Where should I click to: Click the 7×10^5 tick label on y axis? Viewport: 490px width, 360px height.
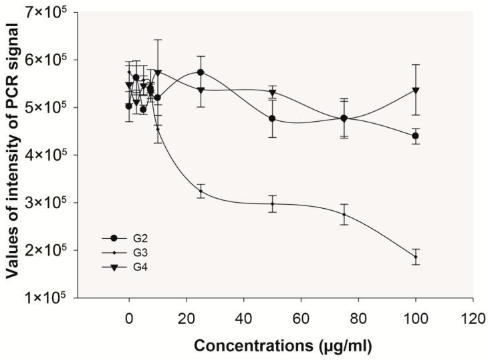(49, 12)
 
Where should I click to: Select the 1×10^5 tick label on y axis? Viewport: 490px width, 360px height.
(49, 298)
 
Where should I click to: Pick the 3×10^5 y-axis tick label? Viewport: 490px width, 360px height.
(49, 203)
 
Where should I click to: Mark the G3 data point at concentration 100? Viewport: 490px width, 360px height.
(416, 257)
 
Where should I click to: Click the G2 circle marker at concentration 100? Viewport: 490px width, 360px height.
(416, 136)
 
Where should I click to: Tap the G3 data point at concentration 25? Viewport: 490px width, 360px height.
(201, 191)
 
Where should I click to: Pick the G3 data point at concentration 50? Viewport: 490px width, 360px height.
(272, 204)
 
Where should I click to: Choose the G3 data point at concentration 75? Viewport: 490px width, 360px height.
(344, 214)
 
